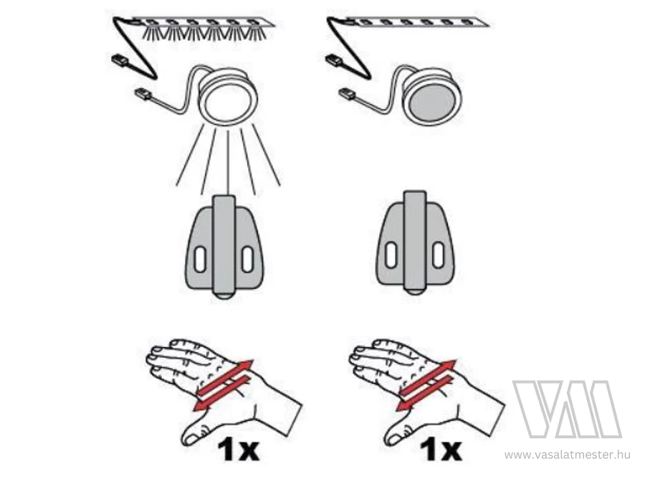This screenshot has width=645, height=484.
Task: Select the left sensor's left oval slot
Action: point(201,260)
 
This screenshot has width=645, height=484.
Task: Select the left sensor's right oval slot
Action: point(247,260)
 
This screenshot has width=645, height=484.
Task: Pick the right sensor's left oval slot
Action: point(391,255)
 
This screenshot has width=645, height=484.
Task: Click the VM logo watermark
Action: point(567,409)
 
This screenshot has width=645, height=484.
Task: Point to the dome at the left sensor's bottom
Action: point(224,295)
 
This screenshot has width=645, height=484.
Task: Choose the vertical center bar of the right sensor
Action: point(415,240)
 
